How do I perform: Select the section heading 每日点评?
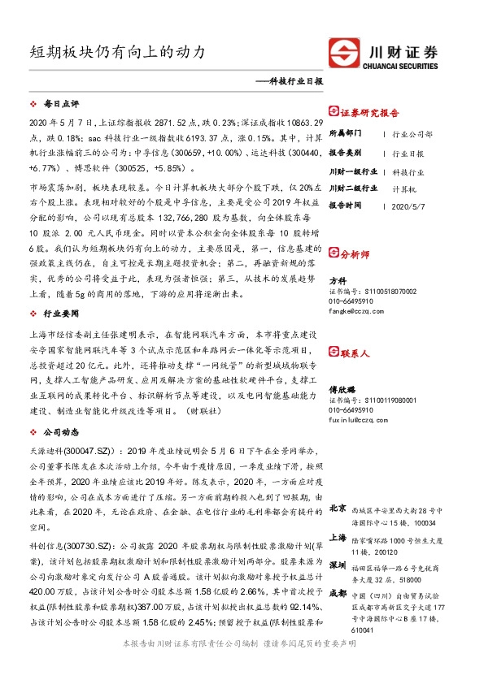click(x=61, y=105)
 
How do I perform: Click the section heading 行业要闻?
click(x=61, y=313)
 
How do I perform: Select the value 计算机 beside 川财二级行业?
click(x=404, y=188)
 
